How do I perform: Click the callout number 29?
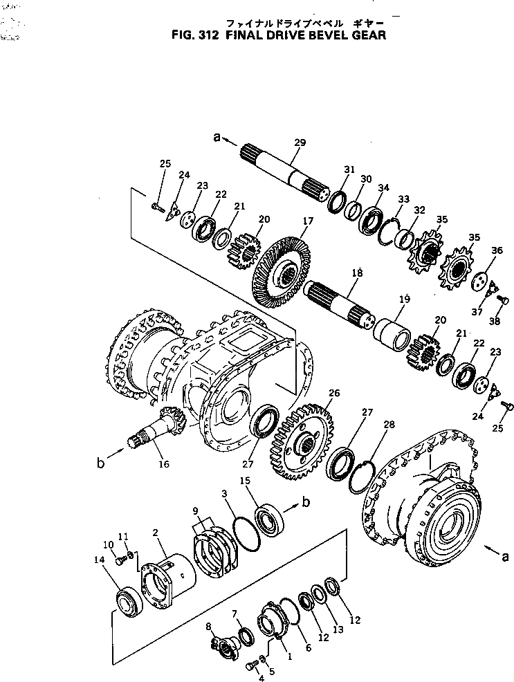click(x=300, y=142)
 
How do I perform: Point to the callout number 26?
click(x=334, y=393)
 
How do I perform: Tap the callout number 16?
click(x=164, y=464)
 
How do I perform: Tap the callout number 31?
click(x=349, y=169)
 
